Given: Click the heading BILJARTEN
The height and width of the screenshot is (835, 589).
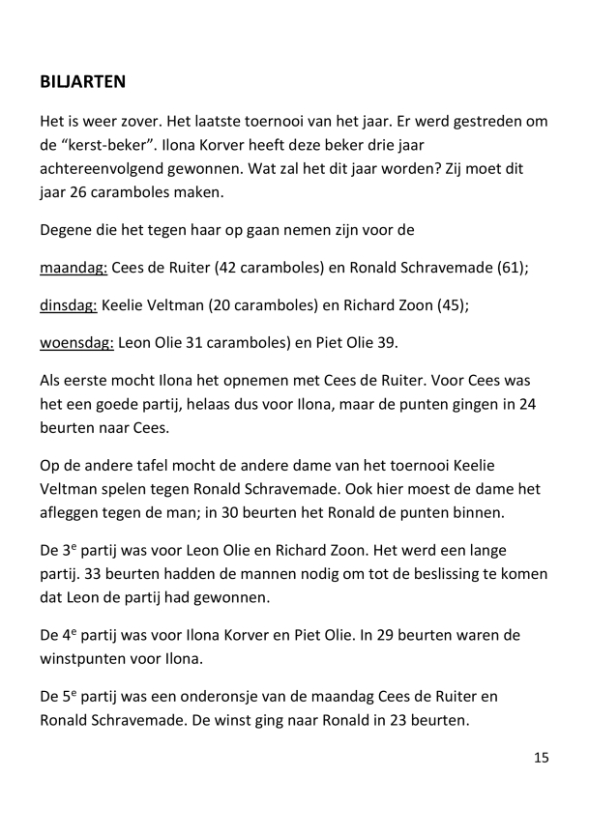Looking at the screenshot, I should [83, 82].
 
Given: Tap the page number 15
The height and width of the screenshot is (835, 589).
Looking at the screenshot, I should [541, 758].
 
